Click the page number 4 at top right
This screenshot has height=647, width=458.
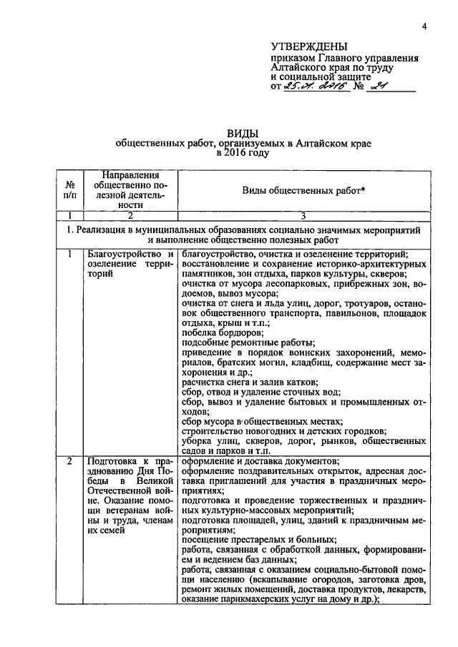[x=424, y=26]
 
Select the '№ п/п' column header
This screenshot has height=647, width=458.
[x=70, y=189]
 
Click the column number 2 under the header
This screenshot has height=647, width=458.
[x=130, y=215]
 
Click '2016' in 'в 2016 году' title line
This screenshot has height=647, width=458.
[x=238, y=153]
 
